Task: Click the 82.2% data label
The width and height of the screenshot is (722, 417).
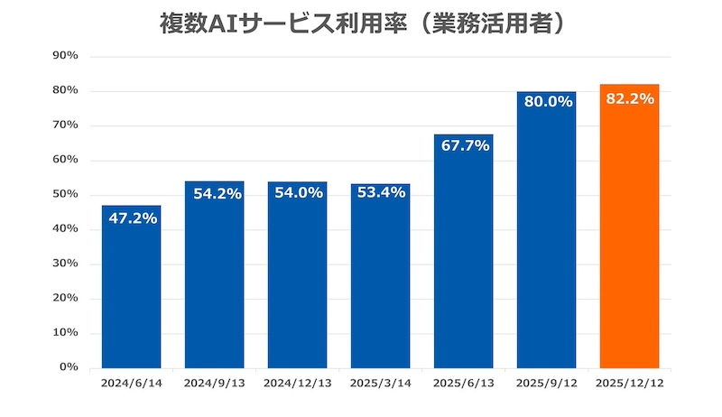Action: pos(630,99)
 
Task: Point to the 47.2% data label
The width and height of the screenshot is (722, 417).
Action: pos(131,219)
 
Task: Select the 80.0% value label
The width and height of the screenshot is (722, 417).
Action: pos(547,102)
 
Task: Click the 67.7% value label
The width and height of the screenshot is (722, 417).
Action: pos(463,145)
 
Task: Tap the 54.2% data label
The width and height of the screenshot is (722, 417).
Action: pos(214,194)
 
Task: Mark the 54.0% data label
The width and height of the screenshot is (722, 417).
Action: pos(297,194)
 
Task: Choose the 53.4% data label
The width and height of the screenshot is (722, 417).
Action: pos(380,195)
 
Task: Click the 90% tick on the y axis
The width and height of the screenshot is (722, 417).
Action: pos(66,56)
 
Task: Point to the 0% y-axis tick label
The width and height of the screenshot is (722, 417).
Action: pos(69,367)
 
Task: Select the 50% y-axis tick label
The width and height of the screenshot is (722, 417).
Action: pos(66,195)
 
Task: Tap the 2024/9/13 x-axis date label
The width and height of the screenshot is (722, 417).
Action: pos(214,383)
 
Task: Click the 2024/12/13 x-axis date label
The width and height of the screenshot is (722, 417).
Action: pos(297,383)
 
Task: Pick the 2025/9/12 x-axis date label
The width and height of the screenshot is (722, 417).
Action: pos(547,383)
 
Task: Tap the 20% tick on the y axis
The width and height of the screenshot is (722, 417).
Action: pos(66,299)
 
